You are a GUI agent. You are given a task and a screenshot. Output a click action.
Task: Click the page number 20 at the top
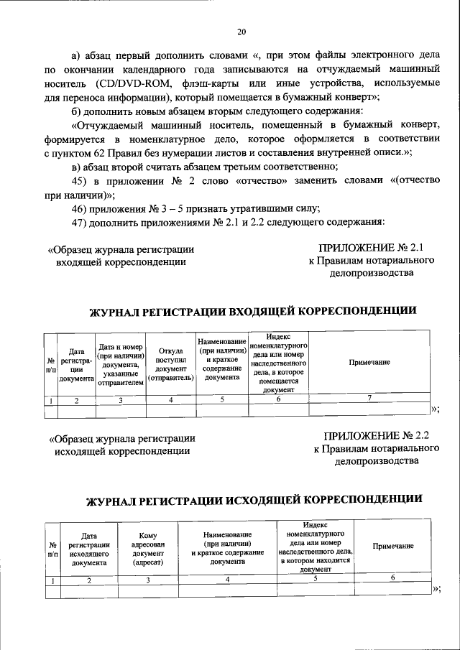click(x=241, y=30)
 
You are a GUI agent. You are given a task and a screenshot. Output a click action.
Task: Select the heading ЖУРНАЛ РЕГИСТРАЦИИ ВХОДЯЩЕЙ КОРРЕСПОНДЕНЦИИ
click(x=252, y=310)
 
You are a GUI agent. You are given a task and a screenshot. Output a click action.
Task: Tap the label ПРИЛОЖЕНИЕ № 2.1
click(x=371, y=248)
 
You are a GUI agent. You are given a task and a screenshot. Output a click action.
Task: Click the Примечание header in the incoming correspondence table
click(x=369, y=363)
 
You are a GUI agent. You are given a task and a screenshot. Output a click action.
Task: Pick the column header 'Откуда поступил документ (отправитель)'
click(x=170, y=363)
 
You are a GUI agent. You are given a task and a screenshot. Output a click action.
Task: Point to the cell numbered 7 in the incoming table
click(x=369, y=399)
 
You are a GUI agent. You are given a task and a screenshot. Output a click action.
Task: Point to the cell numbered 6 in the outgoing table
click(x=392, y=578)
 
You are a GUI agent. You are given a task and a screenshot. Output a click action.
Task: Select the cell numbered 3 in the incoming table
click(x=121, y=400)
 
